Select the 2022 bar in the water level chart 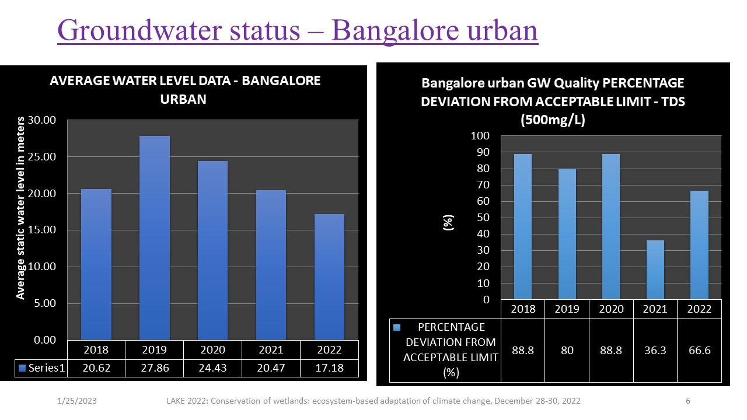(329, 276)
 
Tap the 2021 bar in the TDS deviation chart (655, 269)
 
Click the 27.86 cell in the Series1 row (155, 368)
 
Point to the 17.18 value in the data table (329, 368)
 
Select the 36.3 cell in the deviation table (655, 350)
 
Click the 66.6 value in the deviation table (699, 350)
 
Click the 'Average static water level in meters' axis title (21, 208)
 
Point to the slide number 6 (688, 401)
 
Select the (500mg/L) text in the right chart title (552, 120)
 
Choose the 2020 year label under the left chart (212, 350)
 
